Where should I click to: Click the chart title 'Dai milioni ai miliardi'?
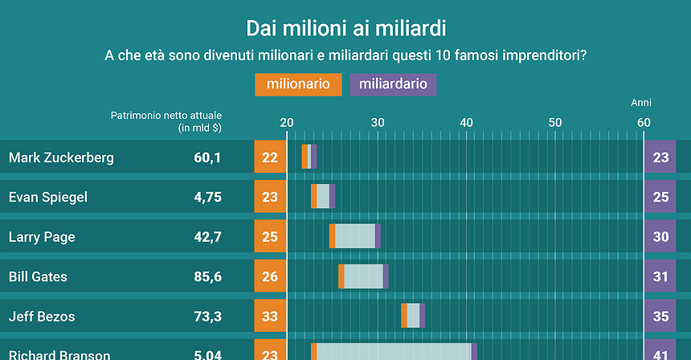click(x=345, y=29)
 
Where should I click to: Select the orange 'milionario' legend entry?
click(x=298, y=84)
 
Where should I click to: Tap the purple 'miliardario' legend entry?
click(x=393, y=84)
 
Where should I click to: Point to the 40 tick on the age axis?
click(x=466, y=122)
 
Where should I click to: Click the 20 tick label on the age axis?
click(x=287, y=122)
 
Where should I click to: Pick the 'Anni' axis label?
click(x=640, y=103)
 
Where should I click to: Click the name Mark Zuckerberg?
click(x=61, y=157)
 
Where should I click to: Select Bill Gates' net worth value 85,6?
click(x=207, y=276)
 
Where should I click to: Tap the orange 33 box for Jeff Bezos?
click(x=270, y=317)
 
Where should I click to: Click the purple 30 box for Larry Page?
click(x=660, y=237)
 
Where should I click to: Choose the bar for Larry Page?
click(x=354, y=236)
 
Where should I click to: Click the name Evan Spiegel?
click(x=48, y=197)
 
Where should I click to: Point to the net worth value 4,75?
click(x=207, y=197)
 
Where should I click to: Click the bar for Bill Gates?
click(x=363, y=276)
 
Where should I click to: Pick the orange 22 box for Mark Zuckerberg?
click(x=270, y=157)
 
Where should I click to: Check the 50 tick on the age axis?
click(x=554, y=122)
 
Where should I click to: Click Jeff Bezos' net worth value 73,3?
click(x=207, y=317)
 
